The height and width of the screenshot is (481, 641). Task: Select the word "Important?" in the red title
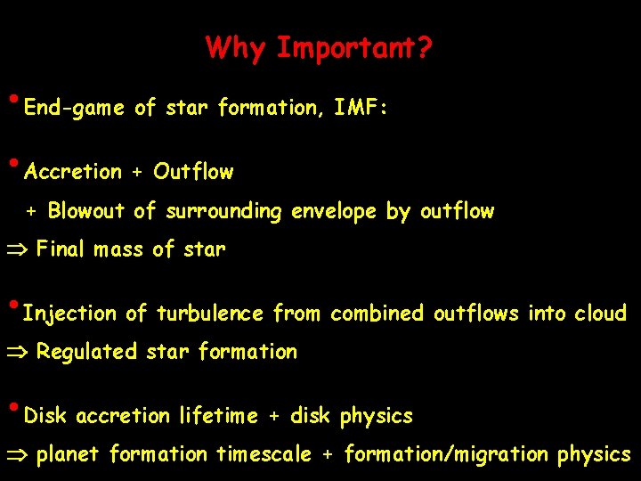(x=354, y=48)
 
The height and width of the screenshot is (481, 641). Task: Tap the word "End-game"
(x=74, y=109)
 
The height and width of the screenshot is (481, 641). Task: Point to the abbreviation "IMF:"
(x=361, y=109)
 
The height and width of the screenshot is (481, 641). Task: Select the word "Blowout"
(x=86, y=211)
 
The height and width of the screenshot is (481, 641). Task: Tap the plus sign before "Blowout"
(x=31, y=212)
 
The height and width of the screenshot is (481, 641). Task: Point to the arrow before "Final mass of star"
(x=20, y=250)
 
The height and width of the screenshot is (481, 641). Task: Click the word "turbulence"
(x=210, y=314)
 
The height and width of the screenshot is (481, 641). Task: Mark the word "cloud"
(x=601, y=314)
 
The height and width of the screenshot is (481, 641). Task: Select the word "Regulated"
(x=87, y=353)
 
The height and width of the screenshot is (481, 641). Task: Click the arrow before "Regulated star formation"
(x=20, y=353)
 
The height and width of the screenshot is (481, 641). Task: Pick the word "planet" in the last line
(x=69, y=455)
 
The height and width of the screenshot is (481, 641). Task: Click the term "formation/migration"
(x=446, y=455)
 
